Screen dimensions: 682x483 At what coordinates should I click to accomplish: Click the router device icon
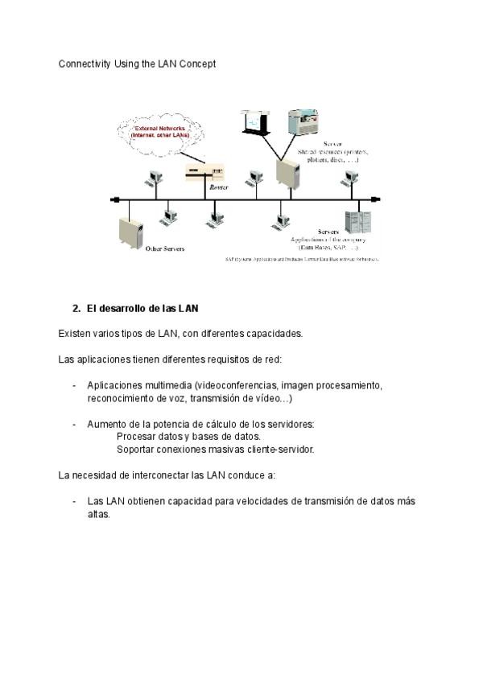(x=204, y=172)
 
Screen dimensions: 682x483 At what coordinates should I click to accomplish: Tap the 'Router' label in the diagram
(x=218, y=187)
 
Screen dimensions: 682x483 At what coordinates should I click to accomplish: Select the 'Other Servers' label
(x=164, y=249)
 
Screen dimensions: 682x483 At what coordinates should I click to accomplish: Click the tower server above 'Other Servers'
(x=130, y=232)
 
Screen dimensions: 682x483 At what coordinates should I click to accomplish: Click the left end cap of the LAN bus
(x=115, y=199)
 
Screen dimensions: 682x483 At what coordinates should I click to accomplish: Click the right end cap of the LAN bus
(x=377, y=199)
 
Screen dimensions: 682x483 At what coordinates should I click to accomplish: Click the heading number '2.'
(x=76, y=309)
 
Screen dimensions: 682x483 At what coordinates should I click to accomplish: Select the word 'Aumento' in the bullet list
(x=105, y=424)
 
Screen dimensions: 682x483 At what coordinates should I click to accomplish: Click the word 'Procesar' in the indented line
(x=135, y=437)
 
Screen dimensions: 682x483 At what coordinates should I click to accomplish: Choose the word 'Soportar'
(x=136, y=450)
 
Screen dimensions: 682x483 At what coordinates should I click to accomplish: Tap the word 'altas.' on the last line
(x=99, y=514)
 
